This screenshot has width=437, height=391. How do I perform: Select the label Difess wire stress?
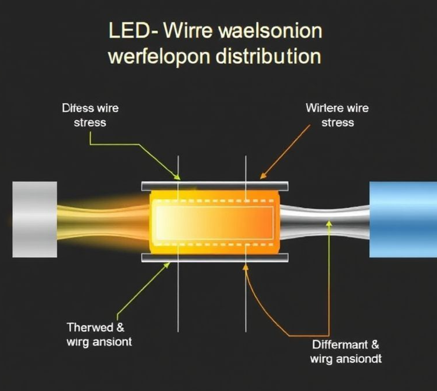point(90,115)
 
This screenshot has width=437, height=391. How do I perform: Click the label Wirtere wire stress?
point(337,115)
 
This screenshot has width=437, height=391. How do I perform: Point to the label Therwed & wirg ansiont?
point(99,335)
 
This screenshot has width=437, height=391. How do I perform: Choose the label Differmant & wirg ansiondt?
point(346,352)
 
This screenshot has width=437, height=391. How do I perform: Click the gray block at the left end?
point(35,219)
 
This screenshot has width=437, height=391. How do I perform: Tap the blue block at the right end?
point(403,219)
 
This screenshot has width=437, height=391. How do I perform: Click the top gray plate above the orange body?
point(215,186)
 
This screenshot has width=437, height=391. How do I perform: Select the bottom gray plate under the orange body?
point(215,257)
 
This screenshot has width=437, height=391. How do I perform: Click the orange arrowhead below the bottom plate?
point(246,267)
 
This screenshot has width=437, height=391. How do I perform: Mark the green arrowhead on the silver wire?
point(329,223)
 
